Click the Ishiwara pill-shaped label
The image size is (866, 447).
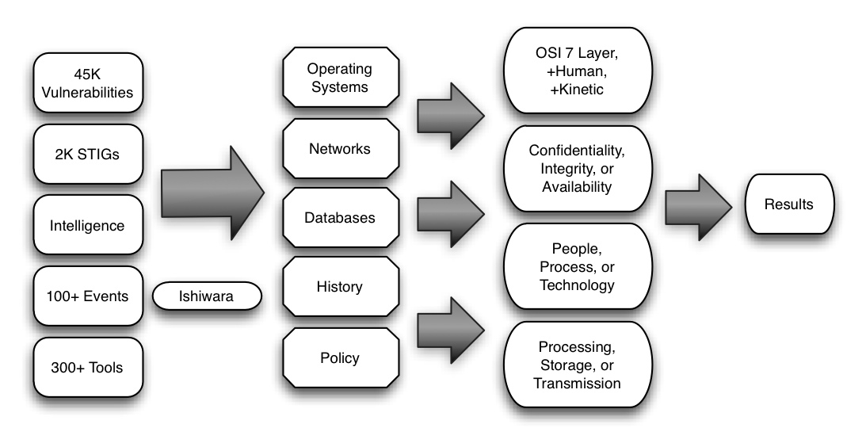click(x=206, y=297)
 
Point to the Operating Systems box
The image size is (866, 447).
click(x=339, y=78)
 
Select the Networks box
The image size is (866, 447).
click(x=339, y=148)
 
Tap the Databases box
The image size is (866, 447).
click(x=339, y=217)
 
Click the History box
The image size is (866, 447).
click(x=339, y=286)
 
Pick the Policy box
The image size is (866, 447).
click(x=339, y=357)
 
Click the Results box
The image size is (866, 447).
click(x=788, y=204)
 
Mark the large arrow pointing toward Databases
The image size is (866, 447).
click(x=210, y=192)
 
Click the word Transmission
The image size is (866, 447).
click(x=577, y=384)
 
